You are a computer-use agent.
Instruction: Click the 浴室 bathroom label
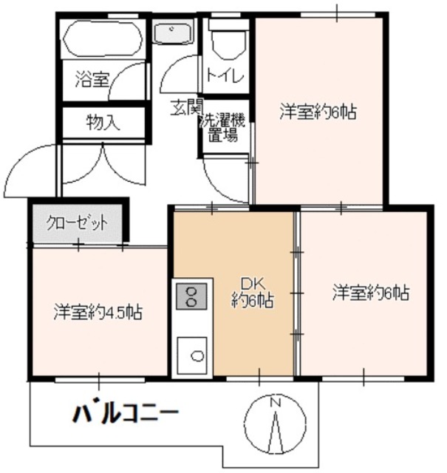click(x=92, y=79)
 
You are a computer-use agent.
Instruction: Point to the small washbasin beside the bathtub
click(x=173, y=34)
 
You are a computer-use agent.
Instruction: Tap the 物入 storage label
click(x=103, y=121)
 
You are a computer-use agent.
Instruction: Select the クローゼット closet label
click(x=77, y=222)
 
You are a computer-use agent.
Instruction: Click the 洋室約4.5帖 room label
click(x=97, y=312)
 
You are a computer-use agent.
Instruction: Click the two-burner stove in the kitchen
click(x=191, y=296)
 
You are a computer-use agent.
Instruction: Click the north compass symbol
click(x=275, y=424)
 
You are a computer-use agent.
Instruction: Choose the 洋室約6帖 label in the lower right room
click(x=370, y=292)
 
